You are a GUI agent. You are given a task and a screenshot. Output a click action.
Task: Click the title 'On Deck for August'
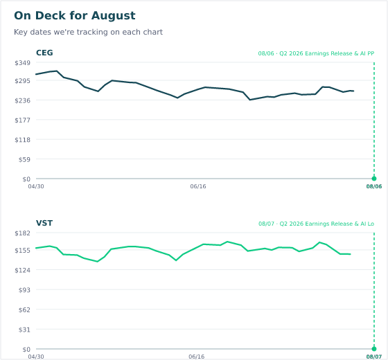[x=75, y=15]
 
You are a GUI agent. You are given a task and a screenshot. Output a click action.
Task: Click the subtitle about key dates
[x=89, y=32]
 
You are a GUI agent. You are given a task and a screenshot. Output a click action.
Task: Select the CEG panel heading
[x=44, y=53]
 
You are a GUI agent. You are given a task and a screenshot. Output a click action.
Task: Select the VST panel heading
[x=44, y=223]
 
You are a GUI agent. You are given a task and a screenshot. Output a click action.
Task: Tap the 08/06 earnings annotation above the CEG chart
[x=316, y=53]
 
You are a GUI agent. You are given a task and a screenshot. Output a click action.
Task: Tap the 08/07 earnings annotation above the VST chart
[x=316, y=224]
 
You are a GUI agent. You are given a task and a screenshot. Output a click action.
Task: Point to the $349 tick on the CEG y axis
[x=22, y=63]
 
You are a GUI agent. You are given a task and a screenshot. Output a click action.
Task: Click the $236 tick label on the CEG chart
[x=22, y=100]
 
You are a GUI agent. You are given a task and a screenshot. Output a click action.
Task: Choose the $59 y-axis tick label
[x=24, y=159]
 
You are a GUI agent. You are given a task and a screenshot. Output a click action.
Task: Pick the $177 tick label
[x=22, y=120]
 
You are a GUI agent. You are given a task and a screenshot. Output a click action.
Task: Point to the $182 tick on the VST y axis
[x=22, y=233]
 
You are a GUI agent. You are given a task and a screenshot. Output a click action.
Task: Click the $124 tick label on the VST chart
[x=22, y=270]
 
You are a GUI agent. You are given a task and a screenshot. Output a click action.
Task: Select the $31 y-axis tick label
[x=24, y=330]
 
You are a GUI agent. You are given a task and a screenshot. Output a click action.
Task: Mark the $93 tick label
[x=24, y=290]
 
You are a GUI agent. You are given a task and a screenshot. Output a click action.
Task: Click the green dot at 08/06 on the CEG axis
[x=374, y=179]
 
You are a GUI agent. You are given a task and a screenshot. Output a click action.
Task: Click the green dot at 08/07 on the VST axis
[x=374, y=349]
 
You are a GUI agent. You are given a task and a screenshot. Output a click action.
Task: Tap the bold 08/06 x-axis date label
[x=374, y=186]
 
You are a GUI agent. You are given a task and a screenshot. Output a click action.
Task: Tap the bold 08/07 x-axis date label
[x=374, y=357]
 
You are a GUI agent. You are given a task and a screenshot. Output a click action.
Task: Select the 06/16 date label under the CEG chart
[x=198, y=186]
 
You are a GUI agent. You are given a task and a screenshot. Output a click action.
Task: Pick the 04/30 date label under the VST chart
[x=36, y=357]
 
